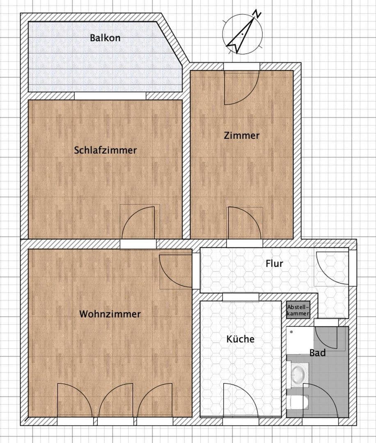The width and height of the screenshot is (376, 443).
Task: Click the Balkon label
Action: point(105,38)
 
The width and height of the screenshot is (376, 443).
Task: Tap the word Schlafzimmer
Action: point(105,150)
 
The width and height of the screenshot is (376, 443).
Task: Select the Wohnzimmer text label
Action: point(110,314)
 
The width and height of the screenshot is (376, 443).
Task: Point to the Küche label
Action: point(241,339)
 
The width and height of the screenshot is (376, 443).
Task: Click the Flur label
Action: point(274,263)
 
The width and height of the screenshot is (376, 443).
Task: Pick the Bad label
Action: point(317,352)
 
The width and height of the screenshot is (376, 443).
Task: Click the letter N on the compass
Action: point(257,14)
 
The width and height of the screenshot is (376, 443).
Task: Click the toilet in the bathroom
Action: point(299,402)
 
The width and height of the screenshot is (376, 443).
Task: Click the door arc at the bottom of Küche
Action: point(240,400)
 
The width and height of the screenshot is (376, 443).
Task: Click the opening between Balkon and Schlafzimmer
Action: point(110,96)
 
